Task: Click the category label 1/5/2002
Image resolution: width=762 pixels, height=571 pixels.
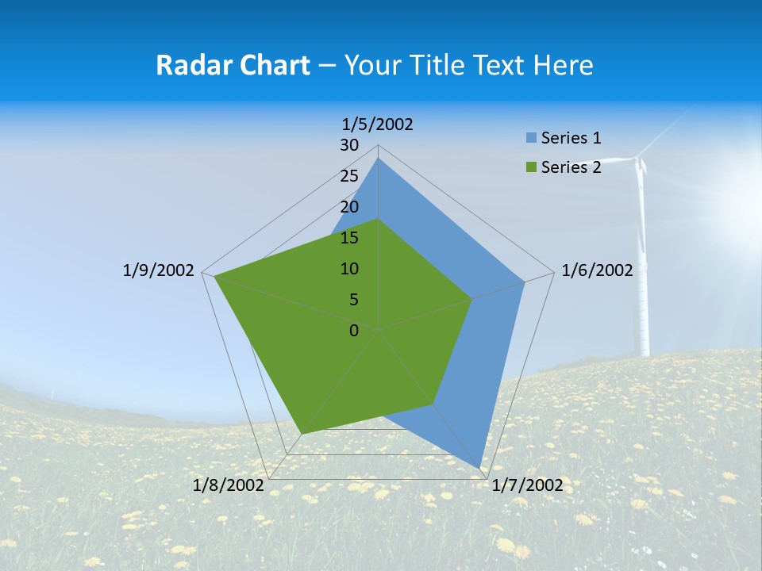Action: (x=378, y=125)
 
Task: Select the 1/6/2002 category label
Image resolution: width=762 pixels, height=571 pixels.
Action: (x=597, y=270)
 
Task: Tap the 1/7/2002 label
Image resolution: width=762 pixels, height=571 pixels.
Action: (x=527, y=485)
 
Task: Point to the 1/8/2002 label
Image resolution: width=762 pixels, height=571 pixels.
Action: (x=229, y=485)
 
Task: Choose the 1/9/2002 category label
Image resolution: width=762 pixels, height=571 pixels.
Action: (x=159, y=270)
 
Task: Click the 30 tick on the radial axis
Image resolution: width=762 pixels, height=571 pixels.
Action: (x=349, y=145)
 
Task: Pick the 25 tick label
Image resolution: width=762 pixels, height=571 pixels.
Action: (x=349, y=176)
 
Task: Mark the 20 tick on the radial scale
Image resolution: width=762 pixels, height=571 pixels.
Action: (x=349, y=207)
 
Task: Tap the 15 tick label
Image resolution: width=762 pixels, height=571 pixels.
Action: (x=349, y=238)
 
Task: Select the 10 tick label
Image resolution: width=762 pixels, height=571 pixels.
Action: (x=349, y=269)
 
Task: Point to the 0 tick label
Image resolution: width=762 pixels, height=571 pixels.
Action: (x=354, y=331)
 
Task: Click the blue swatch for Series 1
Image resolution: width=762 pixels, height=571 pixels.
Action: (x=531, y=138)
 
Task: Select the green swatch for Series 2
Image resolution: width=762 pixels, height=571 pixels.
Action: (x=531, y=167)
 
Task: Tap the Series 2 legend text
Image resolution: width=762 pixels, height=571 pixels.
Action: (x=571, y=167)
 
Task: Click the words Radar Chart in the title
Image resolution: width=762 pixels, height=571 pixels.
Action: (x=233, y=65)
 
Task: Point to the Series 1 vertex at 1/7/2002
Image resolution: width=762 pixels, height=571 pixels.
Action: (x=480, y=468)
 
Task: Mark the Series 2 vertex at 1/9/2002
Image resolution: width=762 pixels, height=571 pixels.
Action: (x=215, y=277)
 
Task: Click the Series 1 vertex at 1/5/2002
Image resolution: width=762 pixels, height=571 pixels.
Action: (x=379, y=159)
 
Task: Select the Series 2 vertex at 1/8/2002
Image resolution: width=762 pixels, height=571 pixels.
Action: (x=301, y=434)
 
